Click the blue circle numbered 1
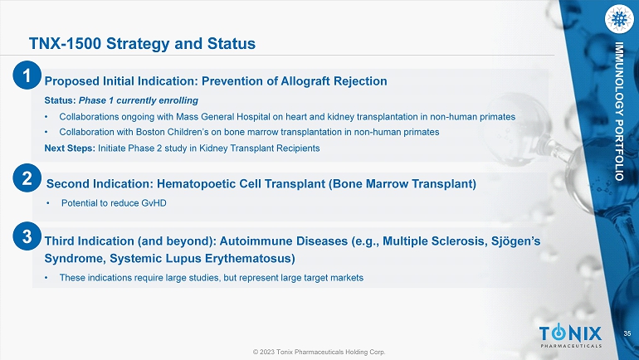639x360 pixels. (27, 75)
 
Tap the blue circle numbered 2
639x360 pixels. (27, 178)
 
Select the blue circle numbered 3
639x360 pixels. (27, 236)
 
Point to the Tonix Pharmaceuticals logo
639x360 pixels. (571, 336)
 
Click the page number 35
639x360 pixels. (627, 333)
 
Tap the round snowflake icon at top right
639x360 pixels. (619, 19)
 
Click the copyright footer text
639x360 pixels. (319, 352)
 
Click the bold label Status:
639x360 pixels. (60, 100)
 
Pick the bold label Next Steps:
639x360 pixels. (70, 148)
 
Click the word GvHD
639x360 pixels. (154, 202)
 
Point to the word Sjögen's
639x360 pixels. (515, 241)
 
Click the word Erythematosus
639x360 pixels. (250, 259)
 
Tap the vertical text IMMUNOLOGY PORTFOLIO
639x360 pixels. (619, 111)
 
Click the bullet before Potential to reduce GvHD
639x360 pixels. (47, 202)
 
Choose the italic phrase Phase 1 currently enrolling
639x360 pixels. (139, 100)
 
